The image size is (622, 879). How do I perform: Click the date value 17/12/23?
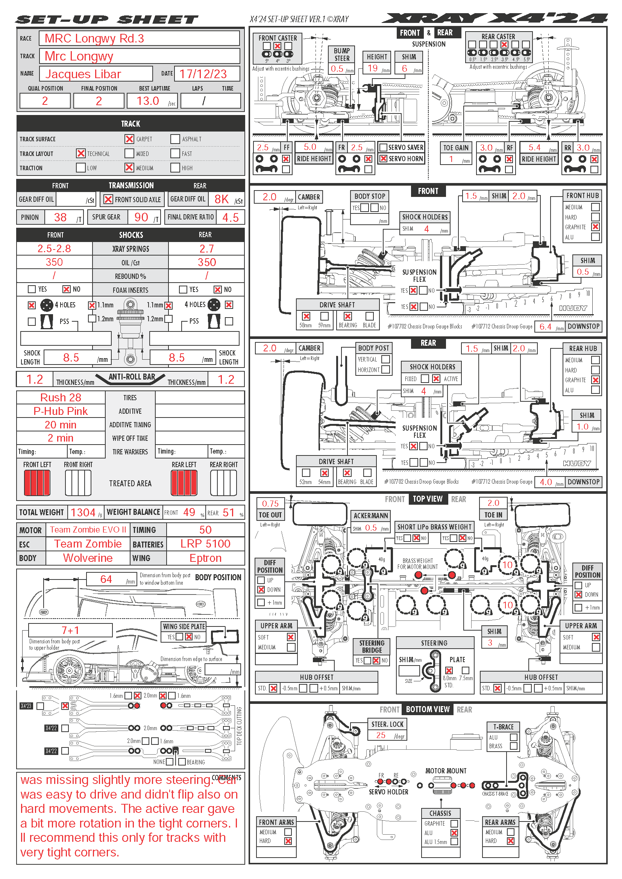[203, 74]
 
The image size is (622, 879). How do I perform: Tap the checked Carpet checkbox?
[129, 139]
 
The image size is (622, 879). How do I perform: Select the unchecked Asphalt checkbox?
[175, 139]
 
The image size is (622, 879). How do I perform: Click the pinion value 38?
[60, 218]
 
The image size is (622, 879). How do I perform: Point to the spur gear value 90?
[141, 218]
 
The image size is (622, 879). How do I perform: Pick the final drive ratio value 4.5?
[230, 218]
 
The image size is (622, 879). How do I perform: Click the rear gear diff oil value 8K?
[221, 199]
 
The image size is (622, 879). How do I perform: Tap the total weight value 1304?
[83, 512]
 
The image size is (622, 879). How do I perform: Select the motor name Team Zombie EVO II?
[88, 530]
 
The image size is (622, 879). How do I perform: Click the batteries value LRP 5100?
[205, 544]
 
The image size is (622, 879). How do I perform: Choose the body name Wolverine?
[88, 558]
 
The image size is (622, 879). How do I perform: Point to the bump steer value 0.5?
[337, 68]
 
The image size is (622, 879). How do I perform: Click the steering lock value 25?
[381, 735]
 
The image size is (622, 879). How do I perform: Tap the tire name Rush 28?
[61, 397]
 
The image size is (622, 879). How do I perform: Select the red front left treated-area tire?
[37, 483]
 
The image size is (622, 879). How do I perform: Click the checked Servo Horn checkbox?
[383, 159]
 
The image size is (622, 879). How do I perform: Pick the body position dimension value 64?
[106, 579]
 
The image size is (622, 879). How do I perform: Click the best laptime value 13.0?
[148, 101]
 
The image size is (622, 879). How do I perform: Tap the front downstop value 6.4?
[545, 327]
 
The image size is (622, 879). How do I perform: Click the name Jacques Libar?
[83, 74]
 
